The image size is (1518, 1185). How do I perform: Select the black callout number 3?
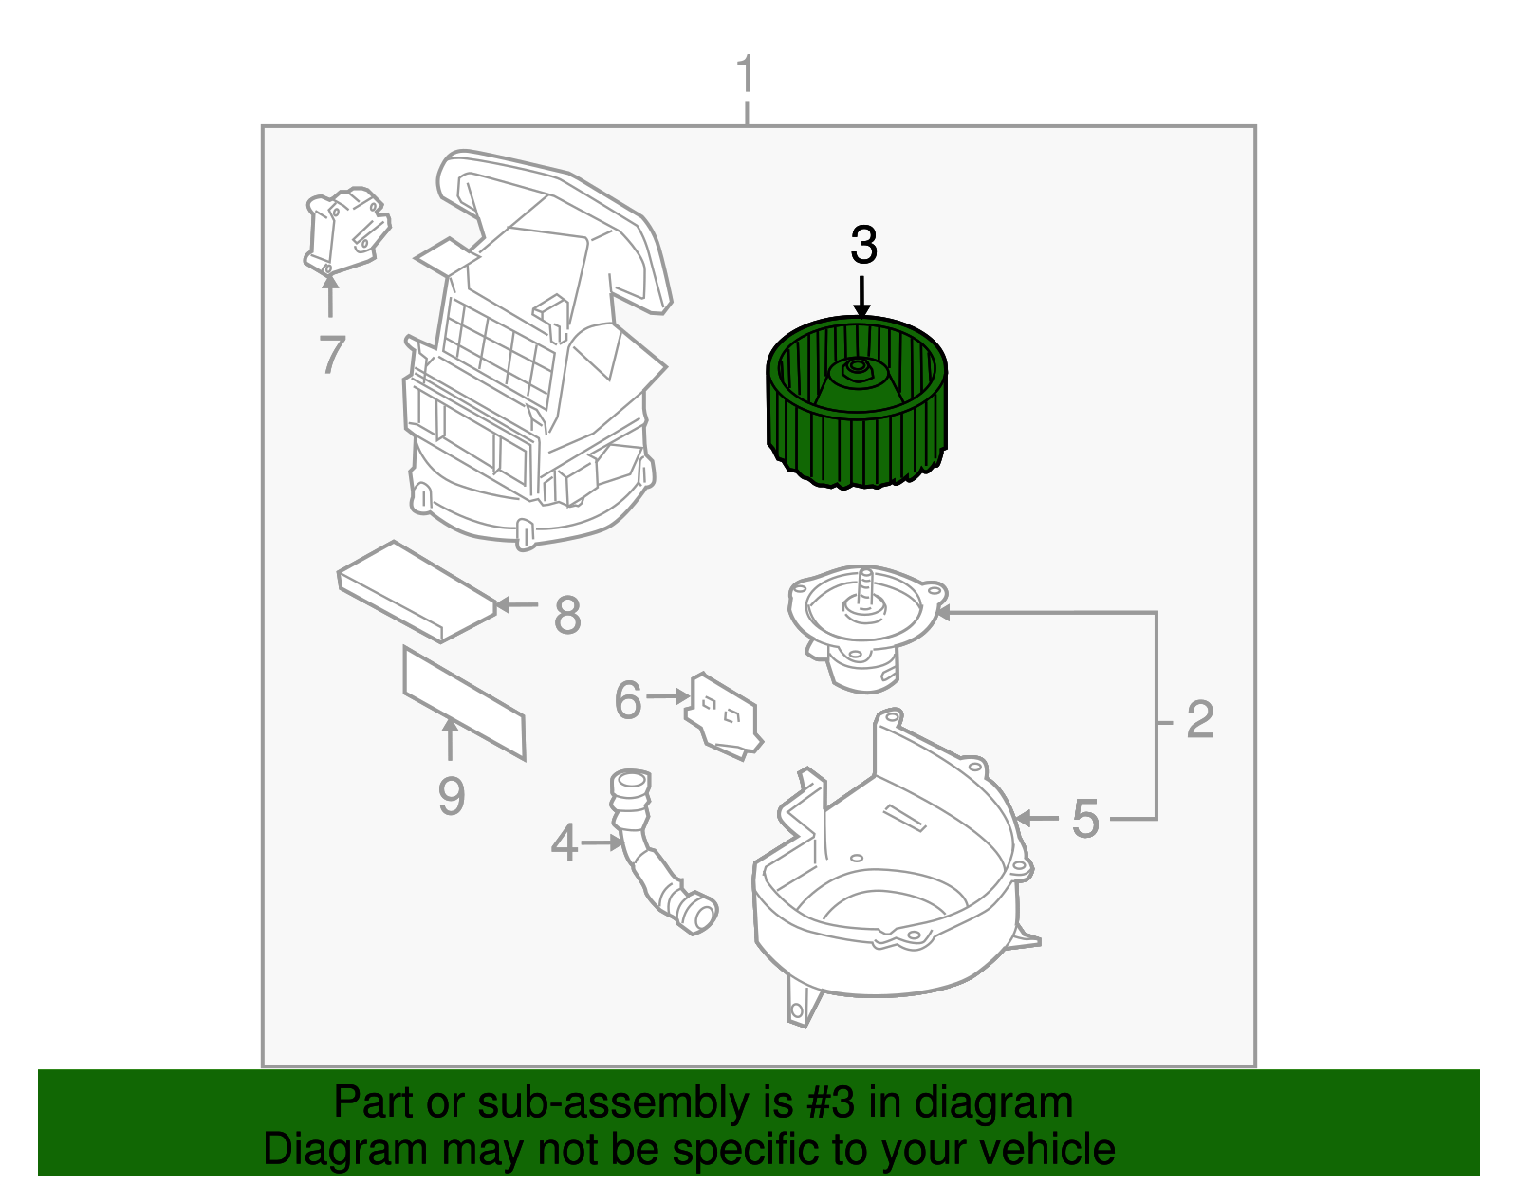tap(863, 246)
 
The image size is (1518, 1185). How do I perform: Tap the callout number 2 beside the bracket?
tap(1199, 720)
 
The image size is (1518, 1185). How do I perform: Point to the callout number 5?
tap(1085, 819)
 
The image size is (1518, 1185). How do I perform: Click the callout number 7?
tap(331, 355)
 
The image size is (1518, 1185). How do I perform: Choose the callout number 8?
tap(566, 615)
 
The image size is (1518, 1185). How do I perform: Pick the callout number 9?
tap(452, 796)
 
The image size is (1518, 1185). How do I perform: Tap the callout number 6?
tap(628, 700)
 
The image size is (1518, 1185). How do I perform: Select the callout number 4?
tap(565, 842)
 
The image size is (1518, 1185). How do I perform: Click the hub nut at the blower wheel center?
tap(857, 366)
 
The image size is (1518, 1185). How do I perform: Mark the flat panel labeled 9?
tap(464, 703)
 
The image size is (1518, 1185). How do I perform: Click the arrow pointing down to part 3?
tap(861, 295)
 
